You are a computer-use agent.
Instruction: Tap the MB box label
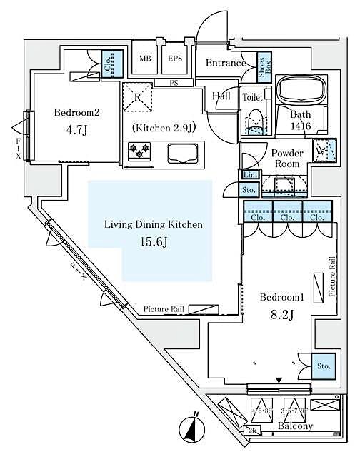(x=145, y=59)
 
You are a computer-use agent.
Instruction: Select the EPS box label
(x=175, y=59)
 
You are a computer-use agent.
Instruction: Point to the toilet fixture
(x=254, y=121)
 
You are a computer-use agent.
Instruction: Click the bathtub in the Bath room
(x=300, y=90)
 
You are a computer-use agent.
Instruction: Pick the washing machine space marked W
(x=321, y=151)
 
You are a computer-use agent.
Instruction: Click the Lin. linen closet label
(x=249, y=175)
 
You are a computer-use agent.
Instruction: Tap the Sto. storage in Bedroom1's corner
(x=324, y=366)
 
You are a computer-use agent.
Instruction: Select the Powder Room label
(x=287, y=158)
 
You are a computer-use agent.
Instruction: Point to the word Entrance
(x=226, y=64)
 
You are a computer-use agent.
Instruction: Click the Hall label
(x=221, y=96)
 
